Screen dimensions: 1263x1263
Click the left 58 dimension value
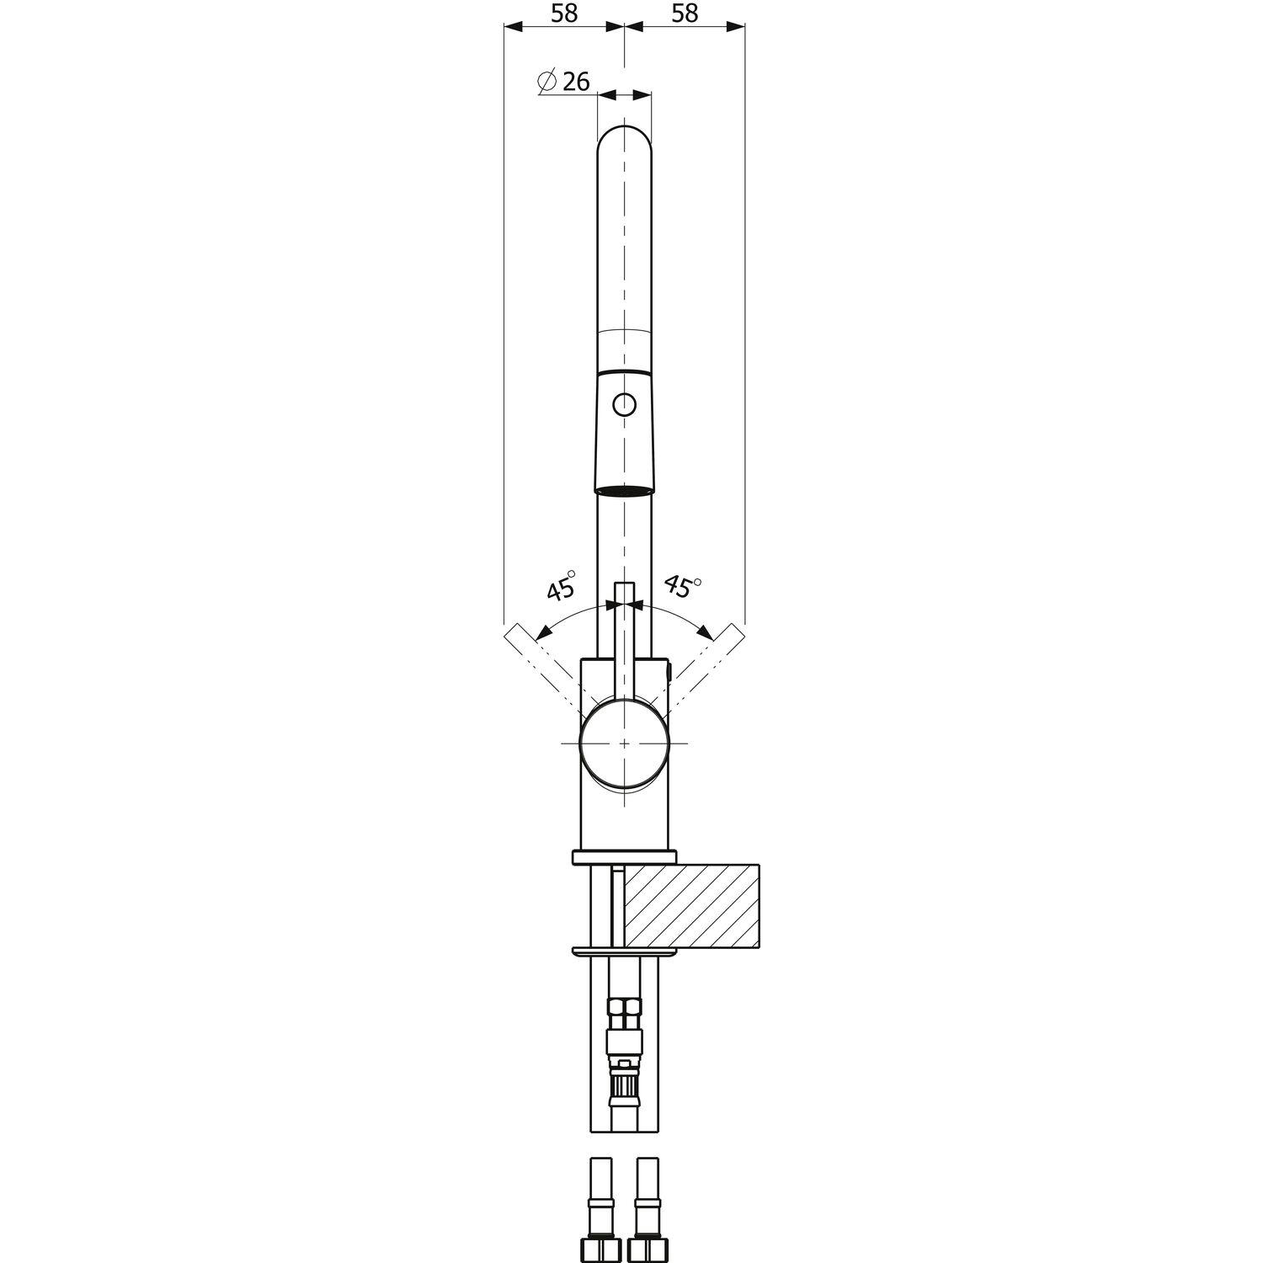coord(565,13)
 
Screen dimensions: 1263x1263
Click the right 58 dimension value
coord(685,13)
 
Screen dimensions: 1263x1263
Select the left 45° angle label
coord(561,584)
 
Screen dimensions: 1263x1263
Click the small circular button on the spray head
coord(624,406)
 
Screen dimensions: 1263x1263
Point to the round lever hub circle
coord(624,743)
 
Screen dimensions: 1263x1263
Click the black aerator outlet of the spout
coord(624,491)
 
